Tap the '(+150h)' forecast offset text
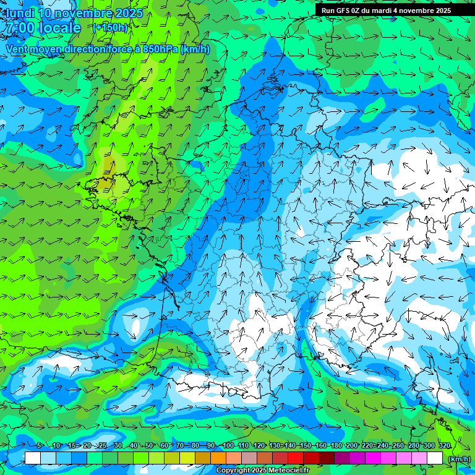pyautogui.click(x=109, y=27)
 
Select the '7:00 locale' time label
pyautogui.click(x=43, y=28)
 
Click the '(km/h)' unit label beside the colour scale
pyautogui.click(x=458, y=458)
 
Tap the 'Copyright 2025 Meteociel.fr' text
pyautogui.click(x=262, y=471)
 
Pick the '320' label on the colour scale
pyautogui.click(x=444, y=445)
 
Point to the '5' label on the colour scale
pyautogui.click(x=39, y=445)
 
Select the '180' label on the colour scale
pyautogui.click(x=336, y=445)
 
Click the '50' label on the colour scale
pyautogui.click(x=149, y=445)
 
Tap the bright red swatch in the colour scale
pyautogui.click(x=296, y=458)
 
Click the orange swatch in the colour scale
pyautogui.click(x=218, y=458)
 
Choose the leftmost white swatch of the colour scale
pyautogui.click(x=33, y=458)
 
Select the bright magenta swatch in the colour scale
pyautogui.click(x=373, y=458)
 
